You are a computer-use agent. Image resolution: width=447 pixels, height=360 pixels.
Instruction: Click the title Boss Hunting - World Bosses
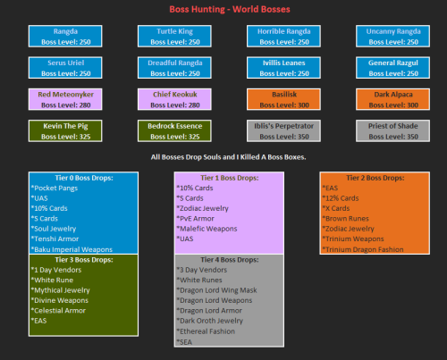tap(223, 9)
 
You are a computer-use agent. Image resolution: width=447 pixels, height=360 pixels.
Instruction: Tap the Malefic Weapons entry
tap(210, 230)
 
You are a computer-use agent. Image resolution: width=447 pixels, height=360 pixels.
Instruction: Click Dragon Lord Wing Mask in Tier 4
tap(223, 291)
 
